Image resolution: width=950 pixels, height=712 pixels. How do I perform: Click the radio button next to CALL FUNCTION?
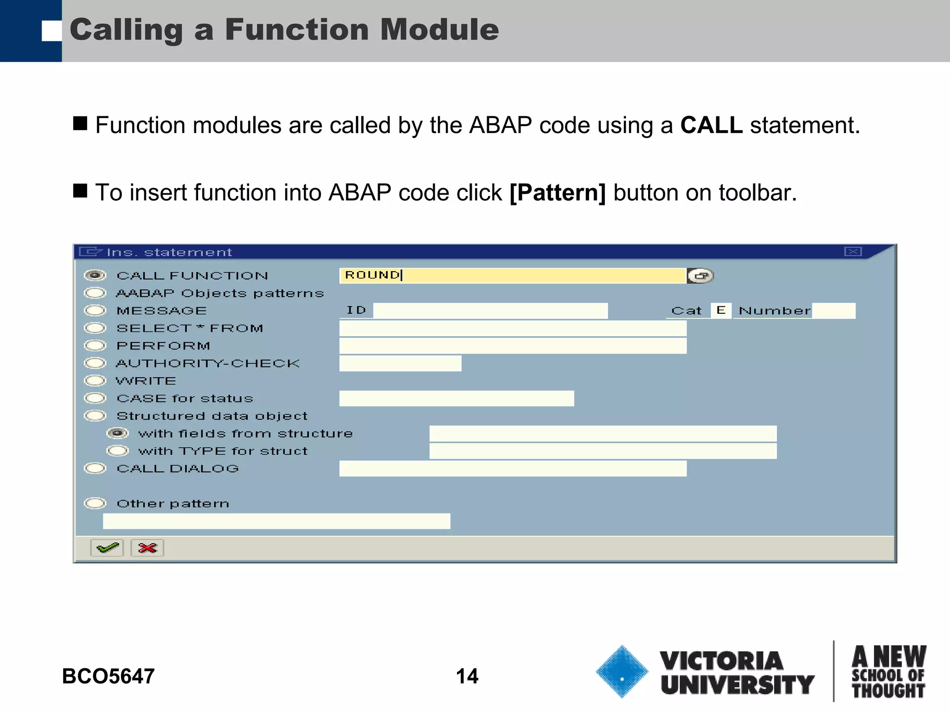click(x=95, y=275)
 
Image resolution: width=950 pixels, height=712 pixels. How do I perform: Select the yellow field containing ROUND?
click(x=513, y=275)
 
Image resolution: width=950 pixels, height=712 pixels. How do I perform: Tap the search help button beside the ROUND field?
click(x=700, y=276)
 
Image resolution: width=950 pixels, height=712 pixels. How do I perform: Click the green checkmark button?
click(x=107, y=548)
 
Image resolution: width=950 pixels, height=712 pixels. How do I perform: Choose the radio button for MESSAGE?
click(x=95, y=311)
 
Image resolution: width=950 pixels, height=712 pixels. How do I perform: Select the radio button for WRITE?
click(x=95, y=381)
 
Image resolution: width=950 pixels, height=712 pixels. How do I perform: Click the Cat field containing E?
click(x=721, y=311)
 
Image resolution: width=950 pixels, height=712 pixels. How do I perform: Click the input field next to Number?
click(x=834, y=311)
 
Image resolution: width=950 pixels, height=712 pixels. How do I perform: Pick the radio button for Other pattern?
click(x=95, y=503)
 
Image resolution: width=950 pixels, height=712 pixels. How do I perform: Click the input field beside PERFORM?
click(x=513, y=346)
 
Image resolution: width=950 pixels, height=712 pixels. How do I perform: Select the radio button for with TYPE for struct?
click(x=117, y=451)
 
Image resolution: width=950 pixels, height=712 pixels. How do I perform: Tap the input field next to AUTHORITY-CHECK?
click(x=400, y=363)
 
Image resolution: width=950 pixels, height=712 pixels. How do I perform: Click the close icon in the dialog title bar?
click(x=853, y=252)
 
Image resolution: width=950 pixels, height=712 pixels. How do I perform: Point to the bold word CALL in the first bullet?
click(x=711, y=125)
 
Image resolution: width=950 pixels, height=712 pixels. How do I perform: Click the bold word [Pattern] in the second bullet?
click(x=558, y=192)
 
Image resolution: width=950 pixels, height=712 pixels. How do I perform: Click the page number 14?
click(x=467, y=676)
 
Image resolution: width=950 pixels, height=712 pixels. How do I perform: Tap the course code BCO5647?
click(x=108, y=676)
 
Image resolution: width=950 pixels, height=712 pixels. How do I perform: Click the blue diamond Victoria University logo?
click(x=622, y=672)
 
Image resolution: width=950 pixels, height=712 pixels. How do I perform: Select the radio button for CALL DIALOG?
click(x=95, y=469)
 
